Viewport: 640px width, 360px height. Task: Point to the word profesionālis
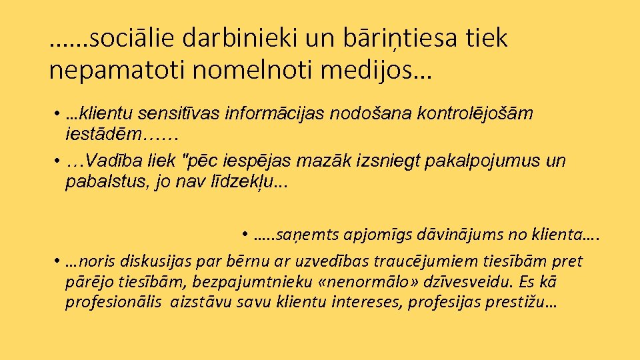[113, 303]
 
